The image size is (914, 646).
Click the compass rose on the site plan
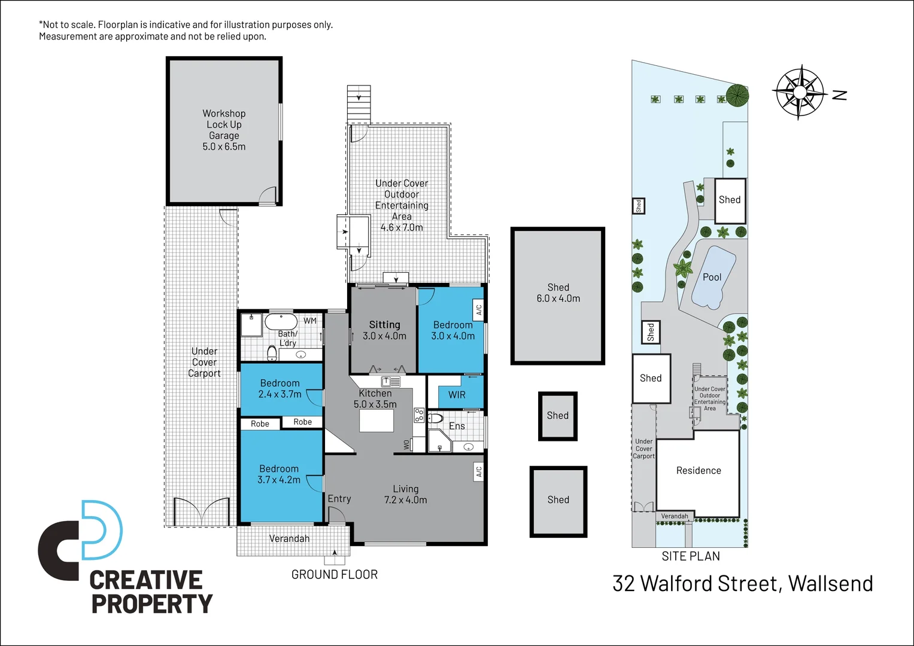point(799,92)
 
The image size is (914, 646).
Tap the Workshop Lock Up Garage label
point(224,130)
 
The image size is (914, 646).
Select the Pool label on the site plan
point(712,277)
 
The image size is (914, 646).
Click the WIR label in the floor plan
point(457,395)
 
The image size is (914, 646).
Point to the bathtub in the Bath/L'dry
point(281,322)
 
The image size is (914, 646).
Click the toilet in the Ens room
point(435,418)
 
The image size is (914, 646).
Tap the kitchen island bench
point(376,420)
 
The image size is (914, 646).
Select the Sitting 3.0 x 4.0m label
point(384,330)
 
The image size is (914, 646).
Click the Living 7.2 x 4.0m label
point(406,494)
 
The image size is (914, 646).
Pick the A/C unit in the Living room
point(478,472)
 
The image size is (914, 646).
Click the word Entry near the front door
point(339,498)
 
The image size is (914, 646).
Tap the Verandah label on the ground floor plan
point(289,538)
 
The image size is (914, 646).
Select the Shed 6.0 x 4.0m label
point(558,293)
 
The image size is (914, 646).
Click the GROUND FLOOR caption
point(335,574)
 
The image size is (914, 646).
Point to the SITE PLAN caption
point(691,556)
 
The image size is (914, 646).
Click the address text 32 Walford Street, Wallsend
point(743,583)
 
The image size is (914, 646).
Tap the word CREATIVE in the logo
point(146,580)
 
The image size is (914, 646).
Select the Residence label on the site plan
point(699,471)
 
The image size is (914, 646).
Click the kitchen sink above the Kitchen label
point(390,381)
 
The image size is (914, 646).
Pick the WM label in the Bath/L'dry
point(310,321)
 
